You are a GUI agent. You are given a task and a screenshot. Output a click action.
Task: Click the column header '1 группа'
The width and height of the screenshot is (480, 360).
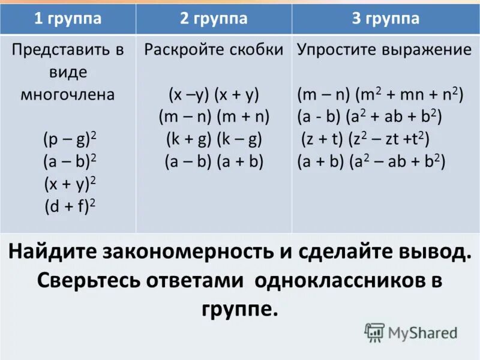click(68, 19)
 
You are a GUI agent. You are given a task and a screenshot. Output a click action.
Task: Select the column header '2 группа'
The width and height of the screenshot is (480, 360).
click(214, 19)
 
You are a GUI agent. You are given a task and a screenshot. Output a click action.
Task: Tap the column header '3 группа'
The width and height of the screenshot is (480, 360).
click(385, 19)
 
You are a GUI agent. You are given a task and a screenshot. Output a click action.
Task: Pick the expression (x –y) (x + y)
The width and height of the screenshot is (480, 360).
click(214, 95)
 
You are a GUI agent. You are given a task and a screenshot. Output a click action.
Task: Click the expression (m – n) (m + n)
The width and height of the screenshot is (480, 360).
click(214, 117)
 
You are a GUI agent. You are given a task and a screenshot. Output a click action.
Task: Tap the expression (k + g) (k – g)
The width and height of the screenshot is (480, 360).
click(214, 139)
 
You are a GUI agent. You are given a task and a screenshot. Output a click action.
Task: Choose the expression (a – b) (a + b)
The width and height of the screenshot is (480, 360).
click(214, 161)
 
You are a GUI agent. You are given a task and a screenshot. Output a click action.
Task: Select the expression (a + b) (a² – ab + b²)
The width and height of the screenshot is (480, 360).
click(371, 161)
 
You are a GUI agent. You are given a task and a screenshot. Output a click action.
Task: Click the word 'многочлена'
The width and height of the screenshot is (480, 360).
click(68, 95)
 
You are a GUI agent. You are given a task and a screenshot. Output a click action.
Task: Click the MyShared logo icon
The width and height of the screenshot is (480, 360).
click(374, 332)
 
